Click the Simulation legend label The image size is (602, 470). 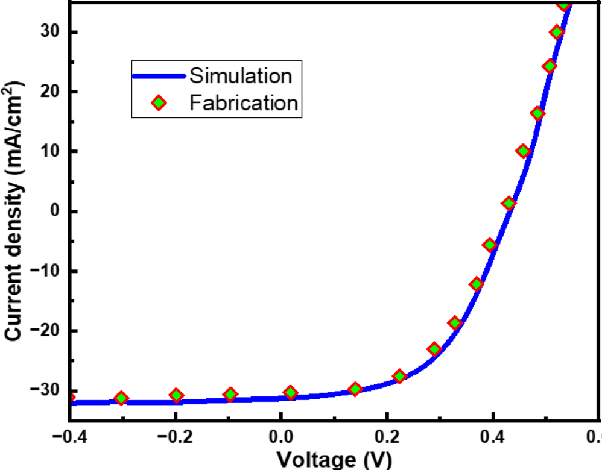pos(241,76)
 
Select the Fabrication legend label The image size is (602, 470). pos(244,103)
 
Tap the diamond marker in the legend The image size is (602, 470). pos(159,103)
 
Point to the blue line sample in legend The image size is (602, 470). pos(159,76)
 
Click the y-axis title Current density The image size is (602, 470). pos(16,211)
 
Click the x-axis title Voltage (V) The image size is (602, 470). pos(334,460)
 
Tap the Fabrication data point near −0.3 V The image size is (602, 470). pos(121,398)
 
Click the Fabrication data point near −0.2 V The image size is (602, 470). pos(176,395)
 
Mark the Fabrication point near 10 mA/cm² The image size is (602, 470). pos(523,151)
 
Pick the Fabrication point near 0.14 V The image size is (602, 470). pos(355,389)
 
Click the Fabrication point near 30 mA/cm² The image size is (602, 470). pos(557,32)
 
